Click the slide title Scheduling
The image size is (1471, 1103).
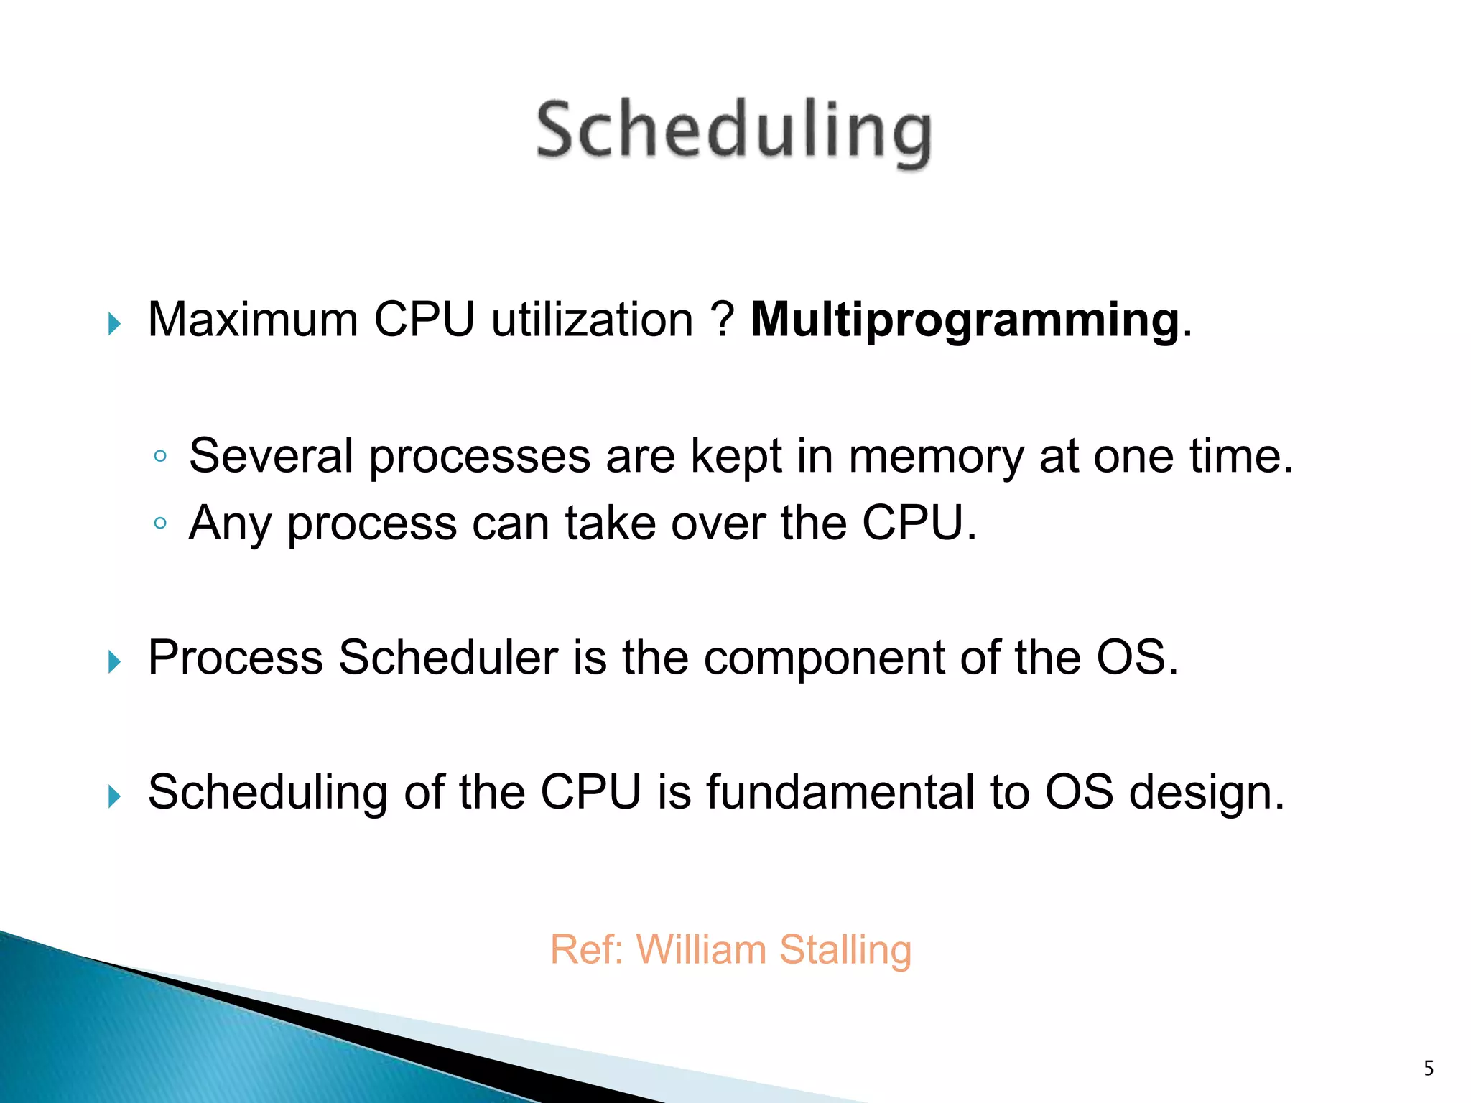(x=734, y=132)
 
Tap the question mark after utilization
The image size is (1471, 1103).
(x=721, y=320)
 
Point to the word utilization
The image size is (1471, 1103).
(x=592, y=320)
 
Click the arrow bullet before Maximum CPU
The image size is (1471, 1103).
(x=114, y=324)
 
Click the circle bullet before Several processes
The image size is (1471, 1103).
(x=160, y=456)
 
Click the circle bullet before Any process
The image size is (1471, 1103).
(x=160, y=523)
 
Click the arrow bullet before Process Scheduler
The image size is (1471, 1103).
(x=114, y=661)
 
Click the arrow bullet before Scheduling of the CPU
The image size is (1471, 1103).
(x=114, y=796)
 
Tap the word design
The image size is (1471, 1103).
(x=1206, y=793)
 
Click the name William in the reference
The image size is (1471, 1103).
(x=702, y=949)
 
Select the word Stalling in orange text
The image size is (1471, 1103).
(x=845, y=950)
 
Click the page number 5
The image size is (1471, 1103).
(x=1429, y=1069)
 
